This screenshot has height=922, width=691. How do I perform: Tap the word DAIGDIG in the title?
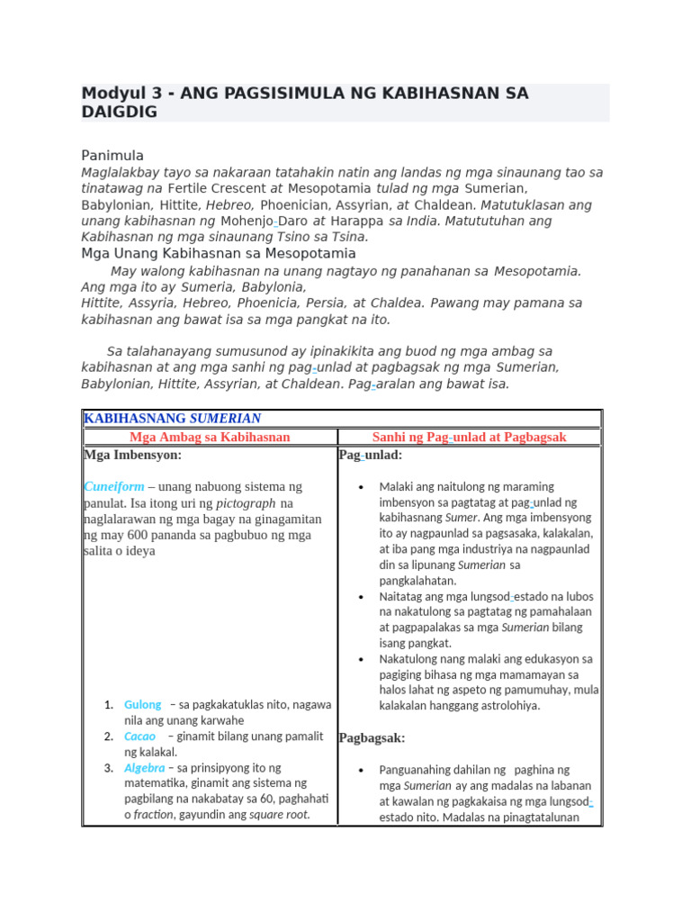(x=119, y=112)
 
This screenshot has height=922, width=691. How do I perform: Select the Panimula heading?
(x=112, y=156)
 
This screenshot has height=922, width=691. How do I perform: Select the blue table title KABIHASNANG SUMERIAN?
(x=172, y=419)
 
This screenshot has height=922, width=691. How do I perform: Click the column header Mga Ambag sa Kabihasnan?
(x=210, y=437)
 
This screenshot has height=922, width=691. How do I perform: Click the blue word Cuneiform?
(x=113, y=487)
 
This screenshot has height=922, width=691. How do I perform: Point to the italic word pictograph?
(x=245, y=503)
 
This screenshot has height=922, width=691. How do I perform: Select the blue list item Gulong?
(x=143, y=705)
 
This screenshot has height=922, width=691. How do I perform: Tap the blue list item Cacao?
(x=140, y=737)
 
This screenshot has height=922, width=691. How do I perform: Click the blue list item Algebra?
(x=144, y=768)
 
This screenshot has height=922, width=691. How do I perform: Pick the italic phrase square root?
(x=279, y=815)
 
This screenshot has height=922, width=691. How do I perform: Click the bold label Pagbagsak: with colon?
(x=372, y=738)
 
